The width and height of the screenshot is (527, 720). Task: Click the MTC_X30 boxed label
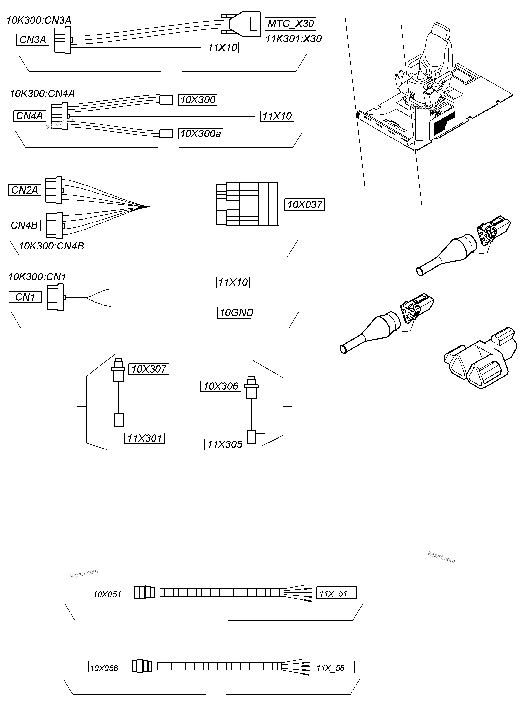pyautogui.click(x=290, y=24)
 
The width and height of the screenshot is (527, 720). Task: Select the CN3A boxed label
pyautogui.click(x=32, y=40)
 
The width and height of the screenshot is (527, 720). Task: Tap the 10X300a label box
pyautogui.click(x=200, y=134)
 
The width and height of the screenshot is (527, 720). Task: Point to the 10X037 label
pyautogui.click(x=304, y=204)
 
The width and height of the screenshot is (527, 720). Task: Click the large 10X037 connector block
pyautogui.click(x=252, y=204)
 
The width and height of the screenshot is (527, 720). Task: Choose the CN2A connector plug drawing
pyautogui.click(x=54, y=190)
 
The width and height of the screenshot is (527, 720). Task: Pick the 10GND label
pyautogui.click(x=235, y=313)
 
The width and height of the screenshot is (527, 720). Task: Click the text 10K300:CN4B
pyautogui.click(x=51, y=246)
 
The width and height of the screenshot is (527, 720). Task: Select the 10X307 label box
pyautogui.click(x=149, y=369)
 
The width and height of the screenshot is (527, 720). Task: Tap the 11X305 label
pyautogui.click(x=225, y=444)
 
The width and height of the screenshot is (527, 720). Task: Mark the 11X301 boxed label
pyautogui.click(x=145, y=438)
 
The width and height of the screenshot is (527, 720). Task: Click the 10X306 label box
pyautogui.click(x=220, y=386)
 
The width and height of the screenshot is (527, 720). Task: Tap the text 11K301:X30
pyautogui.click(x=293, y=39)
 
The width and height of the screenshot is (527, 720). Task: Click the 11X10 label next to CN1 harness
pyautogui.click(x=233, y=282)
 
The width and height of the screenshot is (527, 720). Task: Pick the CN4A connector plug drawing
pyautogui.click(x=60, y=116)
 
